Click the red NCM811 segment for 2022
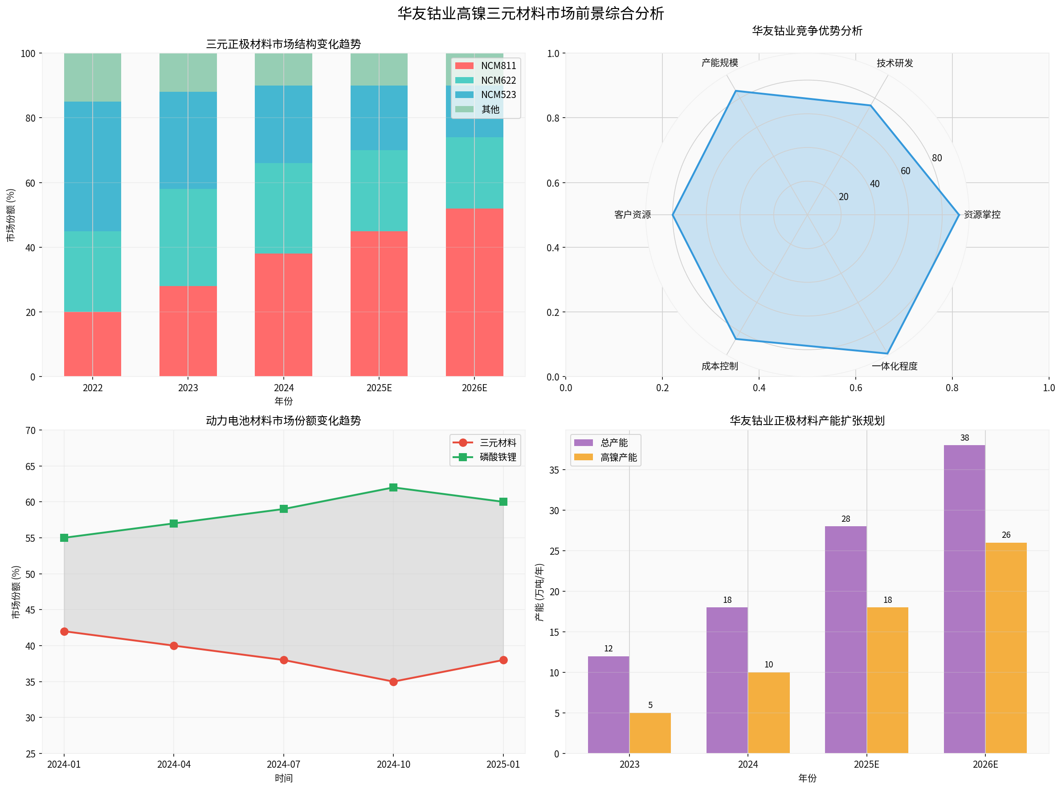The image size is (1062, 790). (92, 344)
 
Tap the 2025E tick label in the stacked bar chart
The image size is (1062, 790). (379, 388)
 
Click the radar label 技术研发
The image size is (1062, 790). (894, 63)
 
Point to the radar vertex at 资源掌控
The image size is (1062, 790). (958, 215)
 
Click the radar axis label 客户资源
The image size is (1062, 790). (632, 215)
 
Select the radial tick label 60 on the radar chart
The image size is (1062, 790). (905, 171)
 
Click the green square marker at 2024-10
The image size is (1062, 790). (393, 487)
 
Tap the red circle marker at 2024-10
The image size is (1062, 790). (393, 681)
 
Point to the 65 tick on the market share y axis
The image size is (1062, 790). (30, 466)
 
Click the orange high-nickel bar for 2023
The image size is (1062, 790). (650, 733)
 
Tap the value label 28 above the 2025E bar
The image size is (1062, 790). (846, 519)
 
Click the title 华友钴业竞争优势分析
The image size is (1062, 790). (807, 31)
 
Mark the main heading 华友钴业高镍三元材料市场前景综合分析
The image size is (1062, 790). (530, 13)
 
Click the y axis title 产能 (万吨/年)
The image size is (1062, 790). (539, 592)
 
